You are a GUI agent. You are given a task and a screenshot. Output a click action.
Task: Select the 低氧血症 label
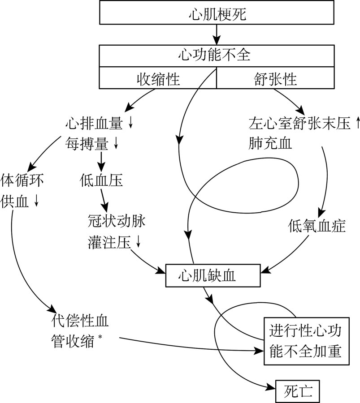(317, 227)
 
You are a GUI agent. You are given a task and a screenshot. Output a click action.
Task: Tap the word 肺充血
(270, 143)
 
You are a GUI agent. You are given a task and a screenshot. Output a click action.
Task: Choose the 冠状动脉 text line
(117, 221)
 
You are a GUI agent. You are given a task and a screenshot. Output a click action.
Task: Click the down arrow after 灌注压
(138, 242)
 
